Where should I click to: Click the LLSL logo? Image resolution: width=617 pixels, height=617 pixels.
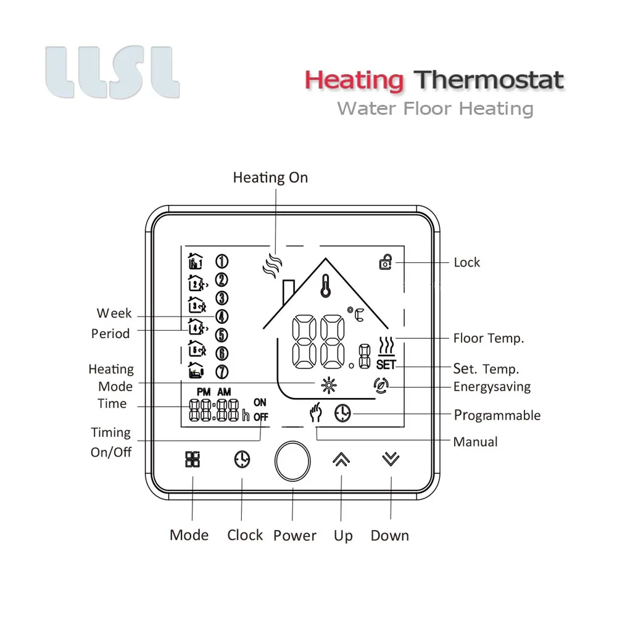112,73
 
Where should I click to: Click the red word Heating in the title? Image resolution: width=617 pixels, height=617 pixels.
354,80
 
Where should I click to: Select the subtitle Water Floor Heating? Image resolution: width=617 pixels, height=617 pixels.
435,109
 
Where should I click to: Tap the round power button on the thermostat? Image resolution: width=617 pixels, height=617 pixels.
293,461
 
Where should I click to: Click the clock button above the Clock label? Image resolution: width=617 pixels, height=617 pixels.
242,459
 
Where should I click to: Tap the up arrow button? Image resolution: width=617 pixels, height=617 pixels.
341,459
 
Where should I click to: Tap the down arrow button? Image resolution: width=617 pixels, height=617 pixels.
391,459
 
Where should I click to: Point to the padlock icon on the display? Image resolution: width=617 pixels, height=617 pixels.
386,262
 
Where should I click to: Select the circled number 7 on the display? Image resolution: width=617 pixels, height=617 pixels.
222,372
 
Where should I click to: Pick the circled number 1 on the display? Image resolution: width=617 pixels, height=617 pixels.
222,261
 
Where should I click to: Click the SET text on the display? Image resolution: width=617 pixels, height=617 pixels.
386,365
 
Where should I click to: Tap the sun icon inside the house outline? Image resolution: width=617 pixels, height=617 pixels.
329,386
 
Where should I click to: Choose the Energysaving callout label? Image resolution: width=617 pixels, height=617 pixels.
492,387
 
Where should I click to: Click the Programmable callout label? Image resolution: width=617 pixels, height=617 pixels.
497,415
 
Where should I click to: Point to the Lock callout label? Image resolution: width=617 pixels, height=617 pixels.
466,262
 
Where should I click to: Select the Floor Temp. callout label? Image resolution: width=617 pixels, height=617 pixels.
489,338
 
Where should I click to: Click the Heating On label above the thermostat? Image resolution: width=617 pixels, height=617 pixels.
270,178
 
